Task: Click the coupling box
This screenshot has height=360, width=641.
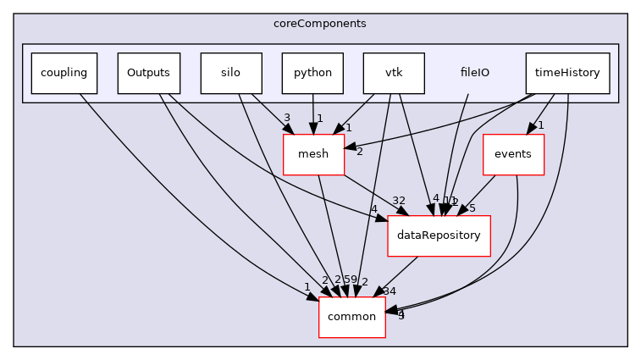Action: [x=64, y=73]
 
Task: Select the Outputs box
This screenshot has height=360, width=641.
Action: [x=148, y=73]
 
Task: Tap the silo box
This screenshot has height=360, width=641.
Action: [x=229, y=73]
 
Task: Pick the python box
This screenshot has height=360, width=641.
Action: [x=312, y=73]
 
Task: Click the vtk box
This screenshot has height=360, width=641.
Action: [x=394, y=73]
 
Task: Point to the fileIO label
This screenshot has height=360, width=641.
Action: [x=474, y=73]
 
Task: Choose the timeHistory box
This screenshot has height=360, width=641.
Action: [x=567, y=73]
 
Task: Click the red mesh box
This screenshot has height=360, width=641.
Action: [x=313, y=154]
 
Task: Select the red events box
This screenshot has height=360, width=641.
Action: [x=512, y=154]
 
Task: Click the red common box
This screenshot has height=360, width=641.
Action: [x=351, y=317]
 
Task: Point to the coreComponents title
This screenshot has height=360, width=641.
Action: [x=320, y=23]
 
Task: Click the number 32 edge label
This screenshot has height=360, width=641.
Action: [x=398, y=201]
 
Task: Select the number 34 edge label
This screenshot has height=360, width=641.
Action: [x=390, y=291]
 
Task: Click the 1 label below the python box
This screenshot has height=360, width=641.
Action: [x=319, y=118]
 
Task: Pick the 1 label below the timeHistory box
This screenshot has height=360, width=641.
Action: [x=540, y=125]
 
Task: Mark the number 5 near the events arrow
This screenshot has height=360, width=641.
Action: [x=472, y=208]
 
